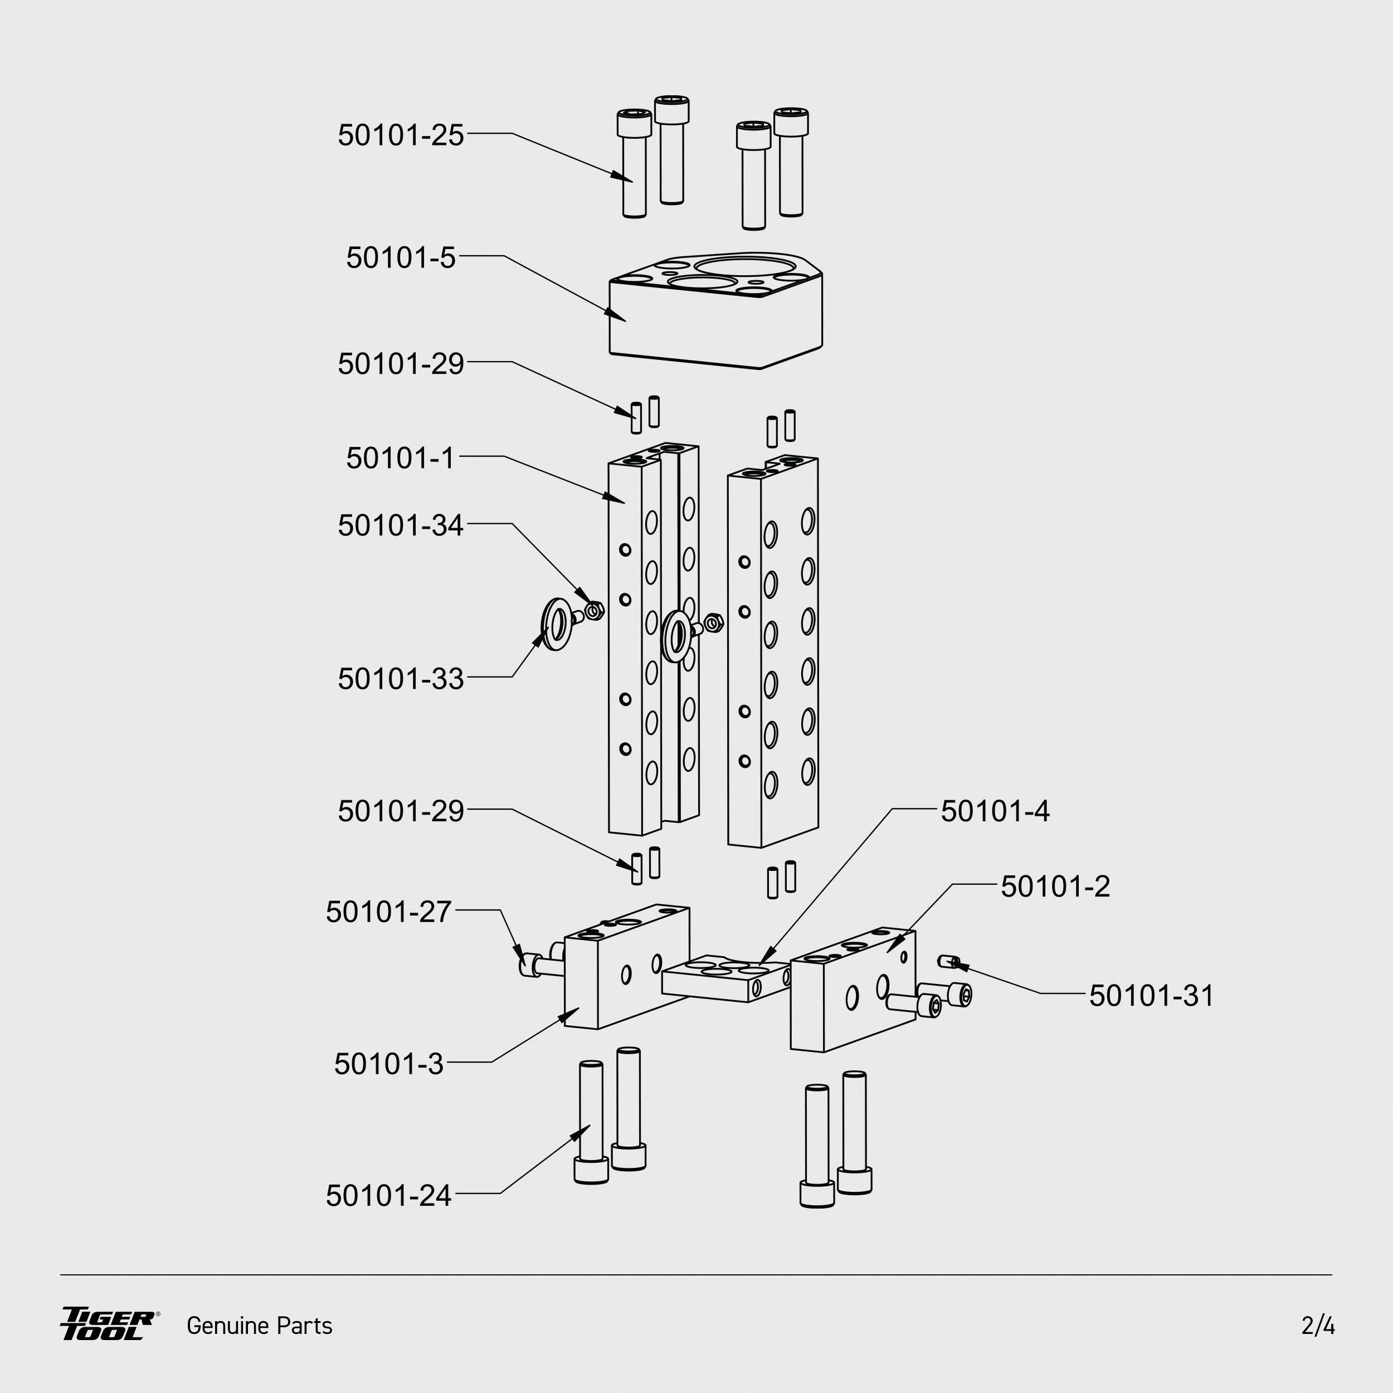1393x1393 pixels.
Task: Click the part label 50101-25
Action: pos(400,135)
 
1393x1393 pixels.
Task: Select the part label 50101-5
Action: pos(400,258)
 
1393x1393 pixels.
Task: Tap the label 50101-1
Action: pos(400,459)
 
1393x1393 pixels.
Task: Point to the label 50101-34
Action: pos(400,525)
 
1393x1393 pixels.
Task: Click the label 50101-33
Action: pos(400,679)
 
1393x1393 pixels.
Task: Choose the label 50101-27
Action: pos(388,912)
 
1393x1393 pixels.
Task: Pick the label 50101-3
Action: pos(388,1064)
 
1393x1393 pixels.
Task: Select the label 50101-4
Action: pos(995,812)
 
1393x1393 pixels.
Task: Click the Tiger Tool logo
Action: pos(109,1324)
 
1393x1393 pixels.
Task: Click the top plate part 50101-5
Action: pos(715,317)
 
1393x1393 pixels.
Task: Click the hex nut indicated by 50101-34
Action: pos(594,611)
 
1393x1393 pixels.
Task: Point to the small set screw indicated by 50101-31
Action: pos(949,961)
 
